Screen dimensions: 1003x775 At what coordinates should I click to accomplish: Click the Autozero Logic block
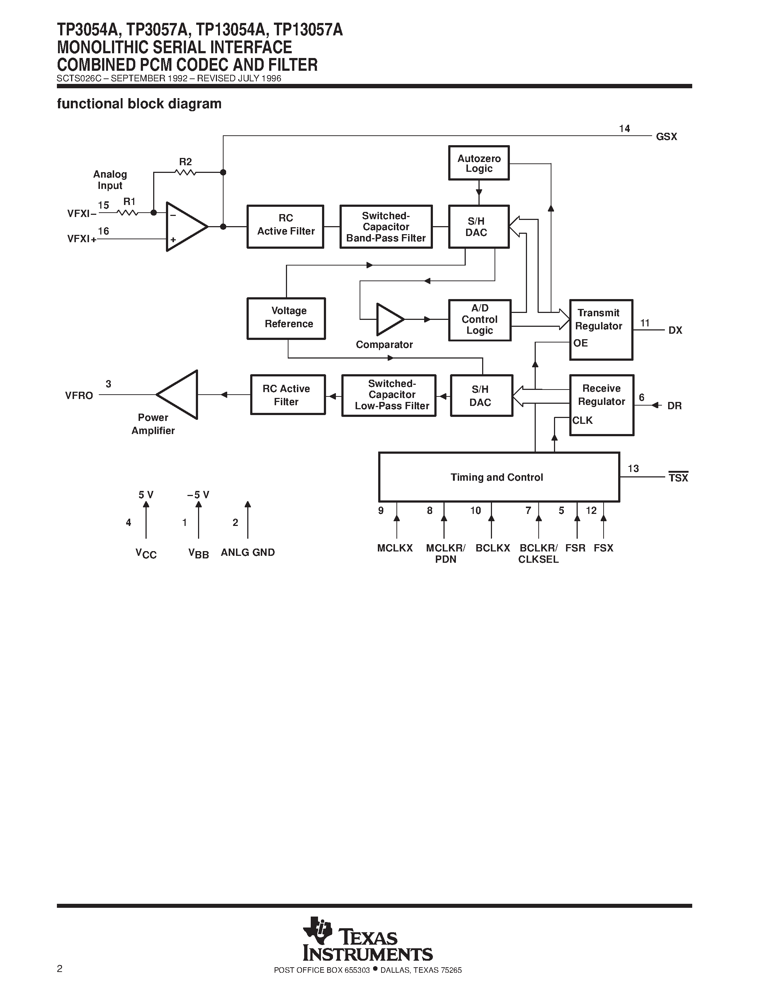pos(478,163)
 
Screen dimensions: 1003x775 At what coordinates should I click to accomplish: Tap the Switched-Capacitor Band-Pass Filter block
pos(385,227)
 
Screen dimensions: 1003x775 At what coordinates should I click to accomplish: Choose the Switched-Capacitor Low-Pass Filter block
pos(388,395)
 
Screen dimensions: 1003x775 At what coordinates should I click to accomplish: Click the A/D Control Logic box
pos(479,320)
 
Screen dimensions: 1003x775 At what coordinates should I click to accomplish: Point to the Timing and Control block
pos(499,477)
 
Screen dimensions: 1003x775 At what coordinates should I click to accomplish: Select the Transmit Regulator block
pos(601,329)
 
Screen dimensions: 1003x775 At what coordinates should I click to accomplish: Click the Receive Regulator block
pos(601,404)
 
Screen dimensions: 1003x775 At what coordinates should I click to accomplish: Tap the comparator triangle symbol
pos(388,319)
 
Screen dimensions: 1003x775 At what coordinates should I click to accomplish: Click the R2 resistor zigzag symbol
pos(186,172)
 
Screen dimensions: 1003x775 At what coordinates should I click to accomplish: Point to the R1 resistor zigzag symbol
pos(128,213)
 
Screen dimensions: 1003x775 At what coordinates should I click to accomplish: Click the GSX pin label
pos(666,137)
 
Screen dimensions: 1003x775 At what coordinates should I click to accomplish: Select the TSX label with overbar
pos(678,478)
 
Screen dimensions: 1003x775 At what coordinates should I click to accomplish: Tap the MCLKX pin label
pos(395,548)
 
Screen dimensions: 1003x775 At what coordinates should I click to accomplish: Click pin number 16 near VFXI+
pos(104,231)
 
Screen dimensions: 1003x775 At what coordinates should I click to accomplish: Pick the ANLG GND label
pos(248,553)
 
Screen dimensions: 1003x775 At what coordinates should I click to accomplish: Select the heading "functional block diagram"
pos(139,104)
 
